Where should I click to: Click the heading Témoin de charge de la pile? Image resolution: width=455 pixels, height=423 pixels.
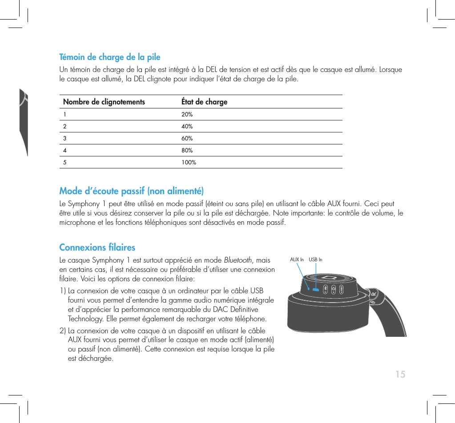(110, 57)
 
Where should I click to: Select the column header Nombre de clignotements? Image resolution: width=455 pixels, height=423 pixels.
(104, 102)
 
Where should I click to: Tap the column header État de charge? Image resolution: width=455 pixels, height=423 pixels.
(204, 102)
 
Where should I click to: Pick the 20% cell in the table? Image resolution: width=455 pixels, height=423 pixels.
(187, 115)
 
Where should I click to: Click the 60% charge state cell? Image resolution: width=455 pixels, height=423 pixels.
(187, 139)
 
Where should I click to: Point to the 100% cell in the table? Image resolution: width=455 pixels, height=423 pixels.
(189, 163)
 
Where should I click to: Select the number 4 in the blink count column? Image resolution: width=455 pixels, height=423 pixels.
(65, 151)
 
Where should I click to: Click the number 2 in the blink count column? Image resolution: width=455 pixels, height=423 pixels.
(65, 127)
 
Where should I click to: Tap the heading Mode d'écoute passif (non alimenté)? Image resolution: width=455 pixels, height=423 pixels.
(132, 192)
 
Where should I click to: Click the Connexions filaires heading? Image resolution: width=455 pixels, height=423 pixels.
(97, 247)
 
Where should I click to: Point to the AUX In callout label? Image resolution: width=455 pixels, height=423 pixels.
(297, 259)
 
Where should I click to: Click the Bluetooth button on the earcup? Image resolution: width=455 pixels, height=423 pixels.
(325, 289)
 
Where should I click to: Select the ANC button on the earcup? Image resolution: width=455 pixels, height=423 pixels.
(341, 289)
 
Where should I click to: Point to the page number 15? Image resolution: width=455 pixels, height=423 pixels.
(400, 375)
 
